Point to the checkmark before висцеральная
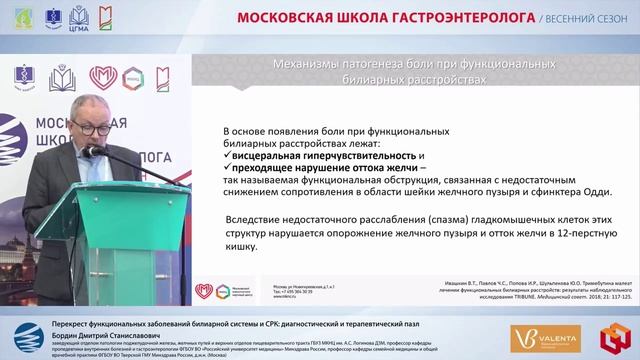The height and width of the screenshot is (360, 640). point(228,156)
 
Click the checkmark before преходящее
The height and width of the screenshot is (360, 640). point(228,169)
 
